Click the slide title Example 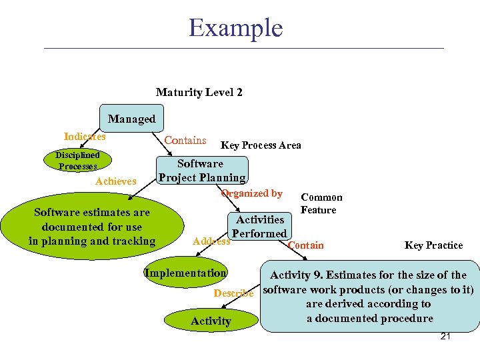tap(235, 28)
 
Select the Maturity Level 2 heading tap(199, 92)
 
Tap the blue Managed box tap(131, 119)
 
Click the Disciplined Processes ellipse tap(77, 161)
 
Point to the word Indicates tap(85, 136)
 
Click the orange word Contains tap(185, 140)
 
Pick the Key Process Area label tap(261, 145)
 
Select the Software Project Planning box tap(201, 171)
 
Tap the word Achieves tap(115, 181)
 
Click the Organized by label tap(252, 193)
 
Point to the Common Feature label tap(321, 203)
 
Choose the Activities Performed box tap(259, 226)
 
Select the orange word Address tap(211, 241)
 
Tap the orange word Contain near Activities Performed tap(306, 245)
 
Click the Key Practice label tap(433, 245)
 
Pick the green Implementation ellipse tap(185, 273)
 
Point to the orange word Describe tap(233, 293)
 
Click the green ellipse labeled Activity tap(211, 321)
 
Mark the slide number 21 tap(445, 337)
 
